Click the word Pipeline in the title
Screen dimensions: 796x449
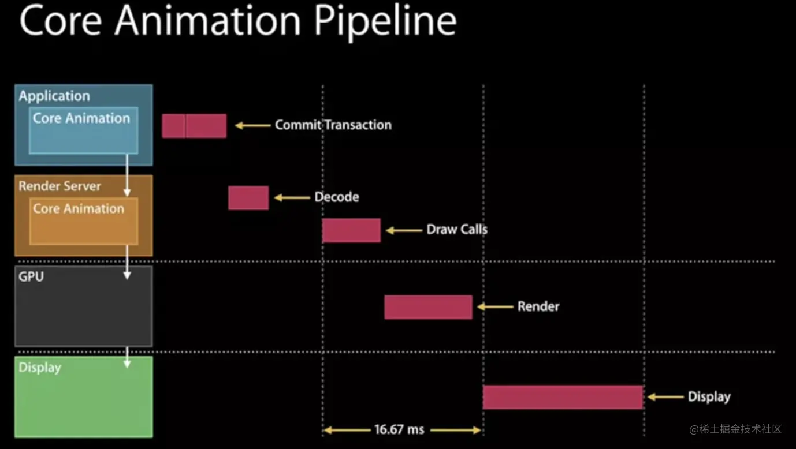[385, 22]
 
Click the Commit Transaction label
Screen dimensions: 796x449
[333, 125]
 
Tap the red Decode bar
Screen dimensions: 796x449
[248, 198]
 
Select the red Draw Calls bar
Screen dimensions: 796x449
[351, 230]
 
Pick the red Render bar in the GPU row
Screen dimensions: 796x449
[428, 307]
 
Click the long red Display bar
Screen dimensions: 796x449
[563, 397]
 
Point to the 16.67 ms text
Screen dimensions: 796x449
[399, 429]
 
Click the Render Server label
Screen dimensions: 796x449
[59, 186]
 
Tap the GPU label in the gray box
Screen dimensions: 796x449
[31, 276]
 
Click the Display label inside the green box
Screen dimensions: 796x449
[40, 368]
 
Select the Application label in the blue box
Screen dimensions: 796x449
[54, 96]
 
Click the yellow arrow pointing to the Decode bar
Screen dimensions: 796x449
[292, 197]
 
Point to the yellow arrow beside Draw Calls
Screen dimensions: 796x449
[404, 230]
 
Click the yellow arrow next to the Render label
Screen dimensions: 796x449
[496, 306]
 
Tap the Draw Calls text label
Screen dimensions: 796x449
[457, 230]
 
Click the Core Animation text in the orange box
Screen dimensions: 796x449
[79, 209]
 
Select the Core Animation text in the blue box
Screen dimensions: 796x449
[81, 118]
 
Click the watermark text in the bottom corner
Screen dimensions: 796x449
[735, 429]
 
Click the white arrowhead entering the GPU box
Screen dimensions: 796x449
[127, 275]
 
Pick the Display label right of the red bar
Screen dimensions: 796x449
[709, 397]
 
